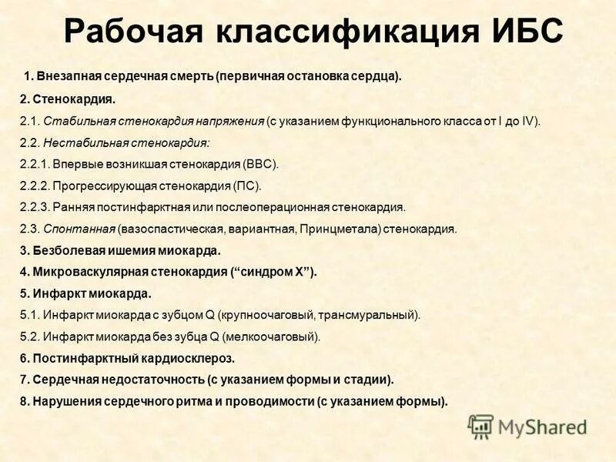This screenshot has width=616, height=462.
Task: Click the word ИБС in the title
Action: click(x=526, y=32)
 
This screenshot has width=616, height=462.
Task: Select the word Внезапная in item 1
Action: click(x=64, y=76)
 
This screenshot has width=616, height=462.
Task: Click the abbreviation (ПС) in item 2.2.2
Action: click(x=248, y=186)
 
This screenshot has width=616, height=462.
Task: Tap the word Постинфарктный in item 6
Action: click(x=75, y=358)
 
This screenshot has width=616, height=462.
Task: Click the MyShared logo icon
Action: click(x=480, y=426)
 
